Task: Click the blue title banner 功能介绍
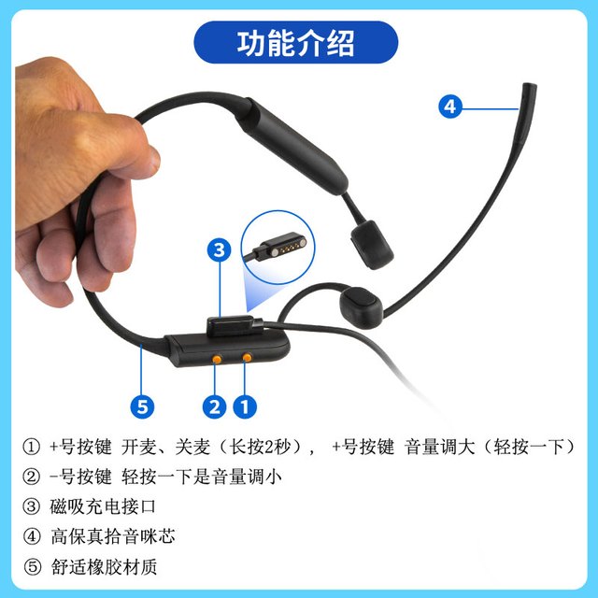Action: (x=296, y=42)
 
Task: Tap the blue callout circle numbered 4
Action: (x=450, y=107)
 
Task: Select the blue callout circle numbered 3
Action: (x=219, y=250)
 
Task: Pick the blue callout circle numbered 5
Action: (x=142, y=406)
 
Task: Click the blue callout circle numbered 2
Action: (x=214, y=406)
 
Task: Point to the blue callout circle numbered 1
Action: (x=245, y=406)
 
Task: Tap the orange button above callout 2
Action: (x=217, y=359)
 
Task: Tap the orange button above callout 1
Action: (x=247, y=357)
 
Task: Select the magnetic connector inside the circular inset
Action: (x=280, y=247)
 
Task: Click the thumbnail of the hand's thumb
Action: (x=153, y=160)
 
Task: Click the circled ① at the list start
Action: (x=31, y=447)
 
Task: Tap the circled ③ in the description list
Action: (x=31, y=506)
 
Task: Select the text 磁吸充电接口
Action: (x=103, y=506)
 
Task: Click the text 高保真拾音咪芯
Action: (x=113, y=536)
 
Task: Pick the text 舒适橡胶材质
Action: (x=104, y=567)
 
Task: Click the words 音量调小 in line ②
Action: (x=247, y=477)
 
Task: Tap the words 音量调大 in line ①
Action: (x=440, y=447)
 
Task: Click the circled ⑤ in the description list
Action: (x=32, y=567)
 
